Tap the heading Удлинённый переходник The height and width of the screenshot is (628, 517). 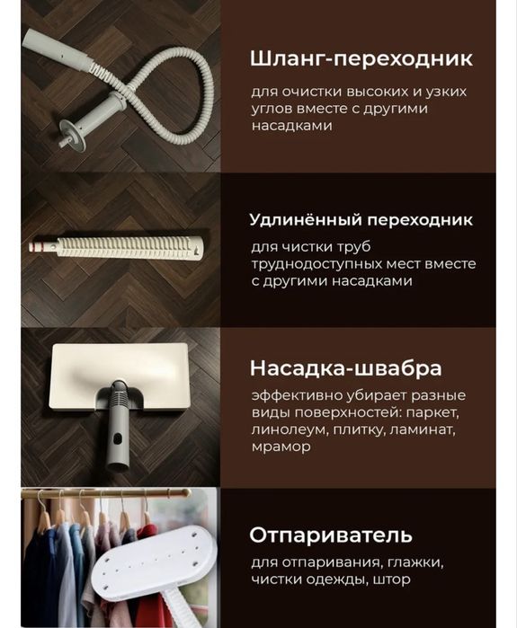[360, 220]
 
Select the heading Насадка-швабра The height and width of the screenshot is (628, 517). [345, 369]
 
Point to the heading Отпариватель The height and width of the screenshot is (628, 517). [331, 535]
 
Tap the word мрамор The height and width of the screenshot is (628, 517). [281, 446]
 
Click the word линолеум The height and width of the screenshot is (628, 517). [289, 429]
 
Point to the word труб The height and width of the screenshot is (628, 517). [360, 247]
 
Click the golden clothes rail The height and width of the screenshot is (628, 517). [108, 493]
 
